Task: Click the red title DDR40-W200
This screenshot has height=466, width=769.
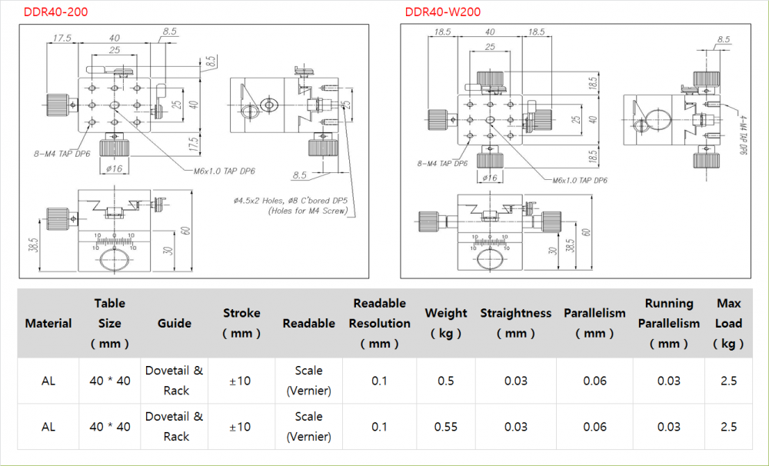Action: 443,12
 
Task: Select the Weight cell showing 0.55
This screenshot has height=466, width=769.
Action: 445,427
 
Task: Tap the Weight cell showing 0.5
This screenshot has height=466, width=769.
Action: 445,381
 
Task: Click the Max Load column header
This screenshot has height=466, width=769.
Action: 728,323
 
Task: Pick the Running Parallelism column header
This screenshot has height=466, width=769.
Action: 668,323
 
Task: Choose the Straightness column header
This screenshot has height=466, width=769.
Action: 515,323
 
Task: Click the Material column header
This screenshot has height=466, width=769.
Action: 48,323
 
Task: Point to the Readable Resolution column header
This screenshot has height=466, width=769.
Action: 379,323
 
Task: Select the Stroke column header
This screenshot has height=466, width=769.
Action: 241,323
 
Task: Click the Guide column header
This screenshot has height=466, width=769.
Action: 175,323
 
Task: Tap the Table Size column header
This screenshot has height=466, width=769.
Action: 109,323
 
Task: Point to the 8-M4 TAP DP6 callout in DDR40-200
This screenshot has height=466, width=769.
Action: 61,154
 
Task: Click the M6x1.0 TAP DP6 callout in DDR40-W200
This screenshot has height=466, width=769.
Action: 580,180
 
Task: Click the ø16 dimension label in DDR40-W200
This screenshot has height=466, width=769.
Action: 488,178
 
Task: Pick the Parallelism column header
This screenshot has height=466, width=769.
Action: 594,323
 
